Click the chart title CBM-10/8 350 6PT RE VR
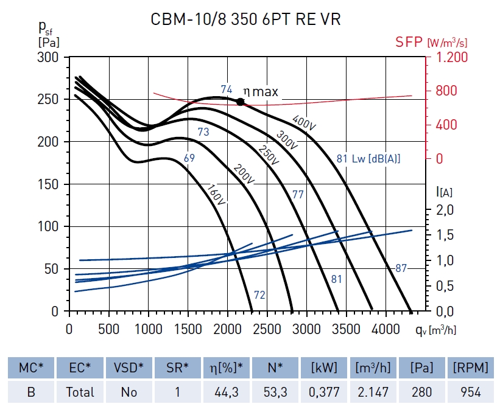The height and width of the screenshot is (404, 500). (x=245, y=19)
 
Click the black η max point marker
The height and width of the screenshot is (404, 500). (x=241, y=102)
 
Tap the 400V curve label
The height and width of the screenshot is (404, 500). (x=305, y=122)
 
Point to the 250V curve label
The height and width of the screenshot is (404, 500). (x=268, y=155)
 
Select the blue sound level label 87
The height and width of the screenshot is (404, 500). (x=401, y=268)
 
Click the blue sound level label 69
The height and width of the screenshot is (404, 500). (x=189, y=158)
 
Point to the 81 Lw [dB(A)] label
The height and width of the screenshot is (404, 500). (x=368, y=159)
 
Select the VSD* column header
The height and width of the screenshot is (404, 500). (x=129, y=367)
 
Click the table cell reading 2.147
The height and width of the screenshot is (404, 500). (x=372, y=392)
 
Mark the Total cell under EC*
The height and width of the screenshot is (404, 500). (x=80, y=392)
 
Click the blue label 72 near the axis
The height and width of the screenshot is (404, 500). (x=259, y=295)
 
